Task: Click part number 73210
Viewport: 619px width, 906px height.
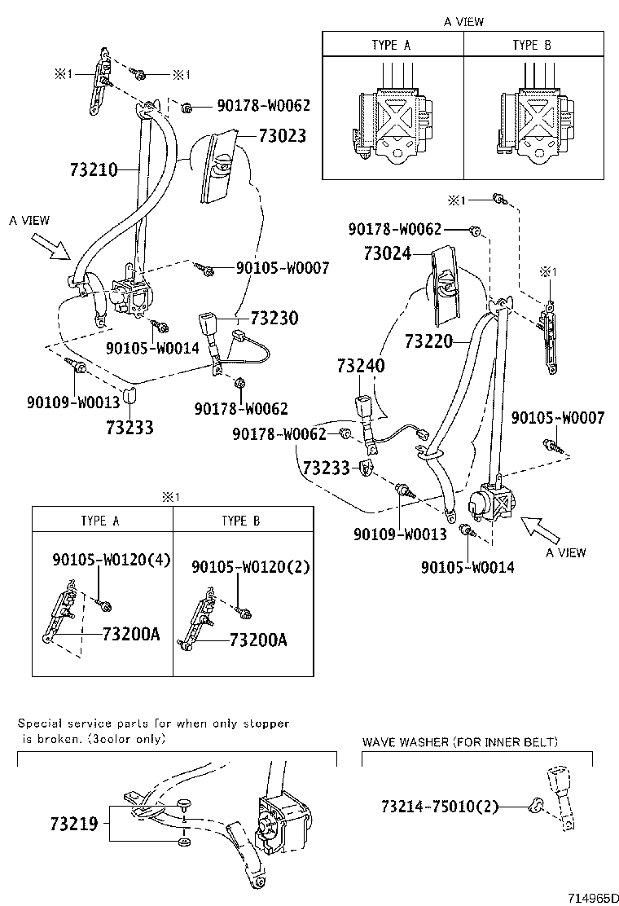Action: point(94,170)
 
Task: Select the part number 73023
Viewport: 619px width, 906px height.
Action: point(283,136)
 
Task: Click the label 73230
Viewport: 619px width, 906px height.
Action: point(274,318)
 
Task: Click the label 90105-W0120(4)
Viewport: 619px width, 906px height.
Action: point(112,560)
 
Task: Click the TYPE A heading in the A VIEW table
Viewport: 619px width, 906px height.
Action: point(391,45)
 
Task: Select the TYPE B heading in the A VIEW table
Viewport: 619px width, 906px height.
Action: point(532,45)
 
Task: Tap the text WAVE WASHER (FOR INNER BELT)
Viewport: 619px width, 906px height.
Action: point(460,741)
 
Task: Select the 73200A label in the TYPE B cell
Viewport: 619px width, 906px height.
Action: point(257,640)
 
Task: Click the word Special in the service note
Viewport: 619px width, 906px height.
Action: point(39,723)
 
